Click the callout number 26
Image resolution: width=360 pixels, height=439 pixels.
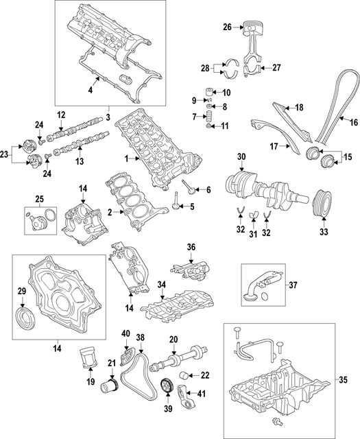228,28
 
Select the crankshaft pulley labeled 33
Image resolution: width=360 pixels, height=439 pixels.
321,202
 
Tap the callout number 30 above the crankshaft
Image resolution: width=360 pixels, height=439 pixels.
241,157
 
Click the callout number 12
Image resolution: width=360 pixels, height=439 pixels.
60,115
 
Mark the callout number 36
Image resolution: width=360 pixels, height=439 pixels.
191,247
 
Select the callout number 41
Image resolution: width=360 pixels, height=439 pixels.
201,393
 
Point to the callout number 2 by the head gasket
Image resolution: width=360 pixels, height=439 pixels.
110,213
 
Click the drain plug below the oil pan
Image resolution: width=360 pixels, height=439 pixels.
276,419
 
